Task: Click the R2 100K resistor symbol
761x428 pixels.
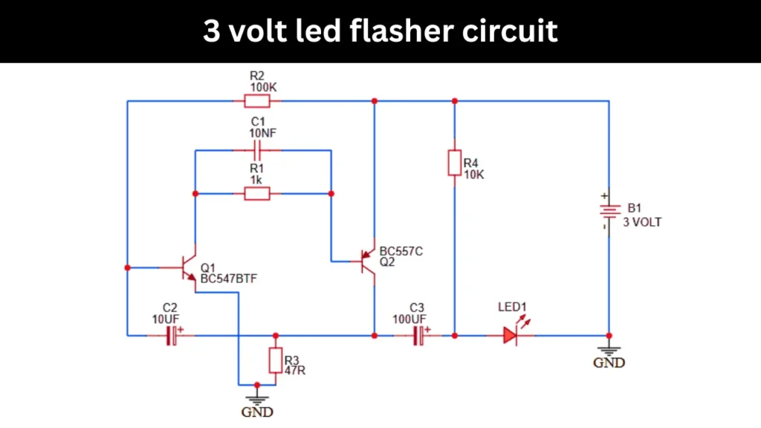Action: pyautogui.click(x=257, y=100)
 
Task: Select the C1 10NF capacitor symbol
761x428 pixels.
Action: pyautogui.click(x=257, y=150)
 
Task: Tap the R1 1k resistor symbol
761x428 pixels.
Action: pyautogui.click(x=257, y=194)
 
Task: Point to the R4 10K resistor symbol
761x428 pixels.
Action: pyautogui.click(x=454, y=163)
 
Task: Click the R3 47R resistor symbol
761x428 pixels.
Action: pyautogui.click(x=276, y=360)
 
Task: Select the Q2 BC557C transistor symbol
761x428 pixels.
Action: pyautogui.click(x=366, y=261)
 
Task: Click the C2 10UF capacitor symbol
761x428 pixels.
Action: pyautogui.click(x=172, y=336)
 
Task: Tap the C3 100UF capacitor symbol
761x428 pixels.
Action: pyautogui.click(x=420, y=336)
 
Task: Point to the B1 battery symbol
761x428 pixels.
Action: pyautogui.click(x=609, y=212)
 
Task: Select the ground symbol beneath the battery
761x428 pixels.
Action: pyautogui.click(x=609, y=348)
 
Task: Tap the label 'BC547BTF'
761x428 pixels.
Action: pyautogui.click(x=229, y=279)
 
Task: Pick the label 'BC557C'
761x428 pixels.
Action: pyautogui.click(x=401, y=251)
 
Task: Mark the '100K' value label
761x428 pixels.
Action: pyautogui.click(x=263, y=87)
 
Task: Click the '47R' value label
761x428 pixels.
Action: pyautogui.click(x=295, y=369)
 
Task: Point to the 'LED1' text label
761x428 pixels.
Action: pyautogui.click(x=511, y=307)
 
